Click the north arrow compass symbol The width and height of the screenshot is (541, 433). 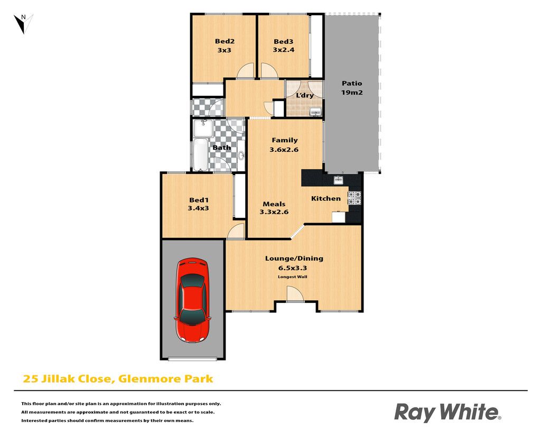click(x=23, y=23)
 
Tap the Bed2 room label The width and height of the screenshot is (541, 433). click(x=225, y=41)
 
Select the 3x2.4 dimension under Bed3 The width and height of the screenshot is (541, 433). click(x=284, y=50)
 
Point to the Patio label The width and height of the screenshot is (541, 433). click(x=352, y=83)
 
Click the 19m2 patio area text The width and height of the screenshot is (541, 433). click(x=352, y=92)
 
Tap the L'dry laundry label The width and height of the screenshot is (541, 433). click(x=305, y=95)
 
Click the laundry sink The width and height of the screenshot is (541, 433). click(x=315, y=112)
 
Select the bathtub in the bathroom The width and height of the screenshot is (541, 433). click(x=200, y=154)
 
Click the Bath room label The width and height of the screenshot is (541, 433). click(x=221, y=148)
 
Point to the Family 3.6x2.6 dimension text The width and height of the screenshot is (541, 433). click(x=284, y=150)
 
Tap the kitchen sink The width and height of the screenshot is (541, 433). click(x=338, y=180)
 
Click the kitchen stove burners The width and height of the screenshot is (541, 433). click(x=355, y=198)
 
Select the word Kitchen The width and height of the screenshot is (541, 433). click(x=325, y=199)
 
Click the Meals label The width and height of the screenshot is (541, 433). click(x=274, y=204)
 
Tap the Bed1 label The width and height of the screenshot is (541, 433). click(x=199, y=200)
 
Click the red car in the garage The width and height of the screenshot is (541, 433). click(x=192, y=300)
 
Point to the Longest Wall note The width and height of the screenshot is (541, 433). click(x=293, y=277)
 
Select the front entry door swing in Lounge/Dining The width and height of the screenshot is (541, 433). click(x=295, y=294)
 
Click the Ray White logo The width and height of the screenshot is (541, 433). click(x=447, y=412)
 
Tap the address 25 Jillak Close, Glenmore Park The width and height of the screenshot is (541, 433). click(x=118, y=379)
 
